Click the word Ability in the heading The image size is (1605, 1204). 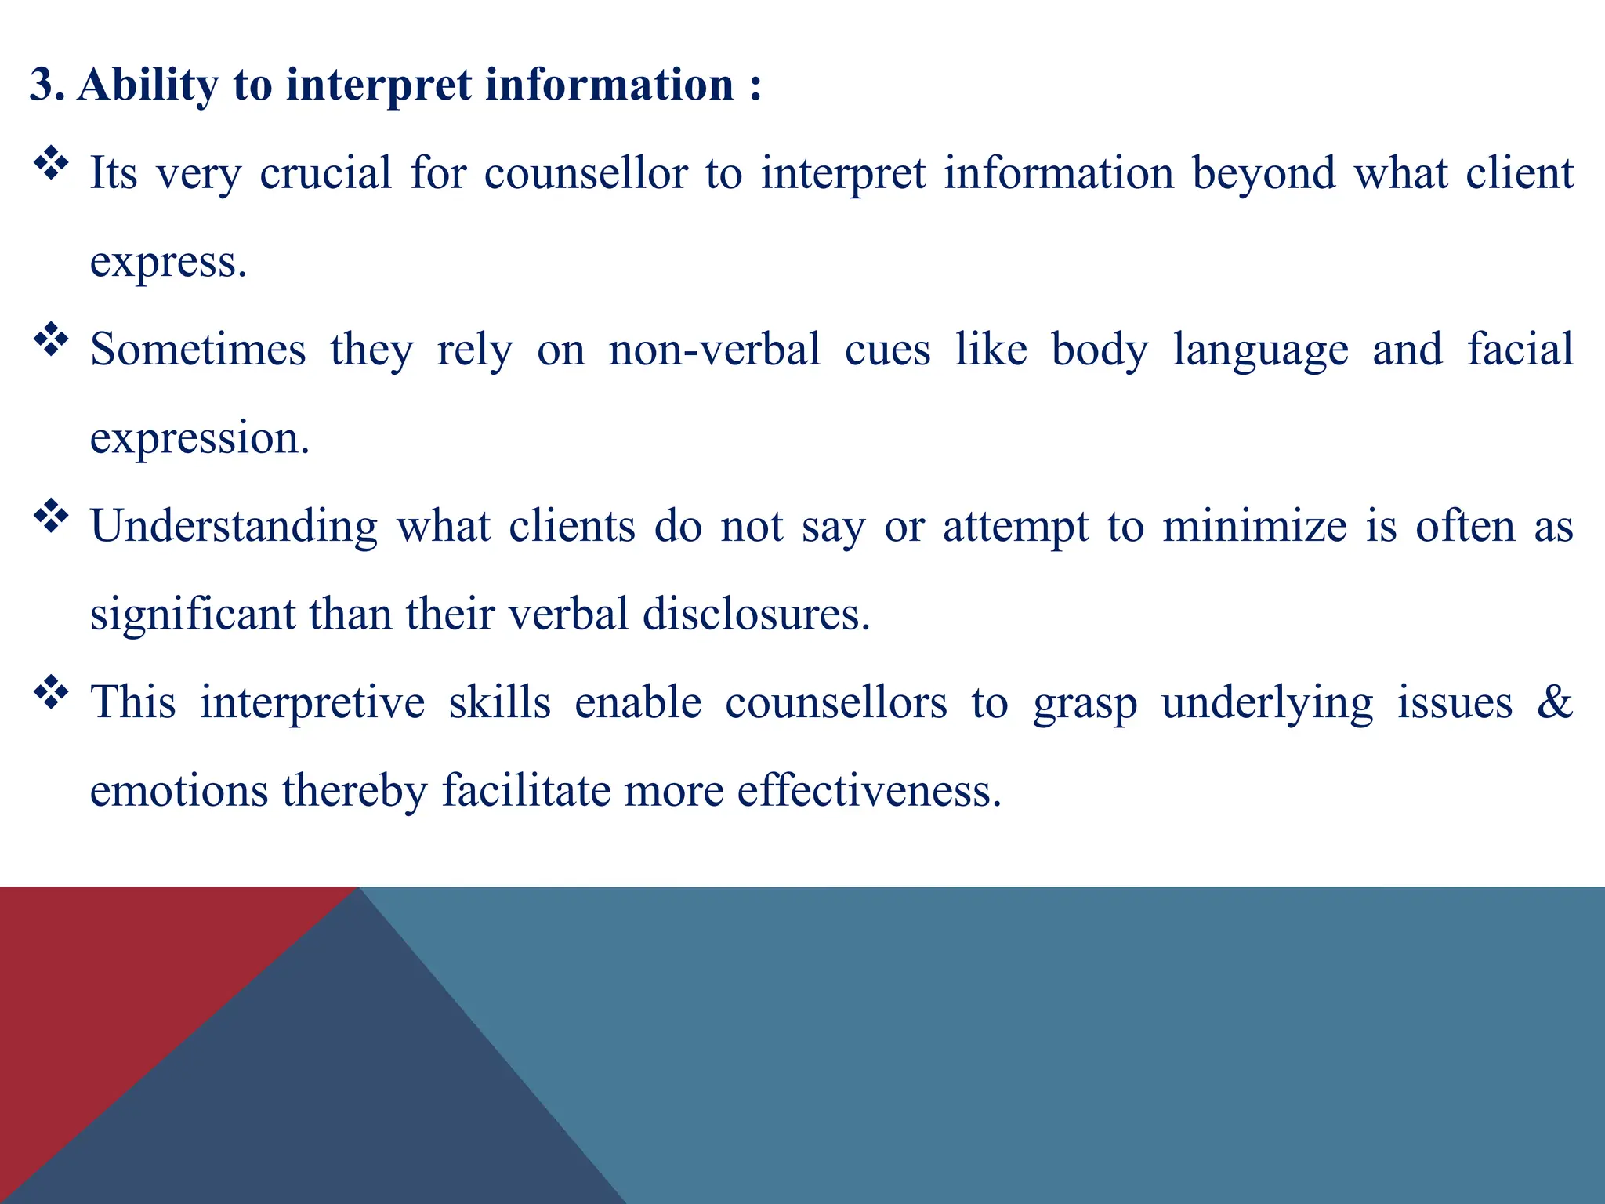coord(147,85)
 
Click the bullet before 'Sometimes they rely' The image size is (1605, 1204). coord(51,340)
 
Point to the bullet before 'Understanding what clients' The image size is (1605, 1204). coord(51,517)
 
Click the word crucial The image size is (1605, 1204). coord(325,172)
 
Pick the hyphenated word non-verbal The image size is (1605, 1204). coord(714,349)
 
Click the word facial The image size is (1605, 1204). coord(1520,349)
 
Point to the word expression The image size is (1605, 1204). coord(199,439)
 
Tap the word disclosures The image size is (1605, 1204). coord(755,614)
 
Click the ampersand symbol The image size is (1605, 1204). coord(1554,702)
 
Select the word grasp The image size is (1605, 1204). coord(1085,703)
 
